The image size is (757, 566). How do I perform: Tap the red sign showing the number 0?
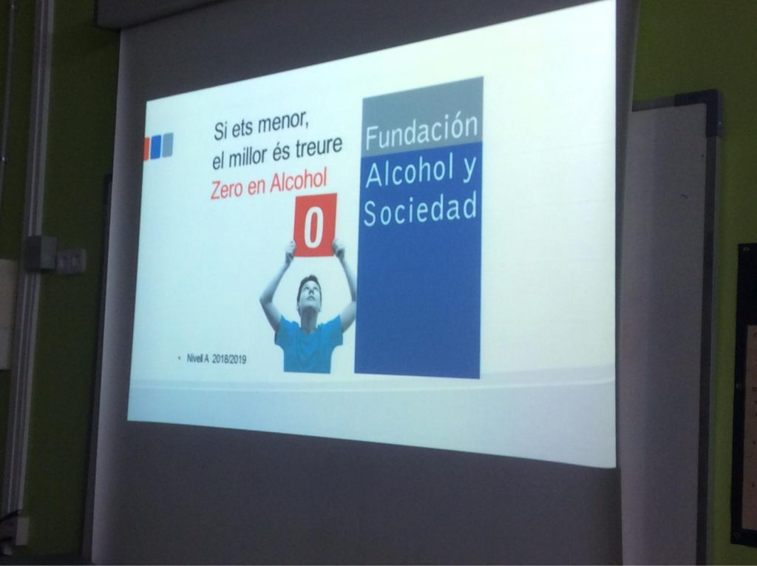[x=315, y=225]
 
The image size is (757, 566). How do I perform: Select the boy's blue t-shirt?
[x=309, y=344]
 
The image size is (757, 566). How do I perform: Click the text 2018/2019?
[x=229, y=359]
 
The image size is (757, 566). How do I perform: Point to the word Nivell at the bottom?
[x=195, y=359]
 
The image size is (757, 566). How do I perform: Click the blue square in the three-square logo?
[x=155, y=147]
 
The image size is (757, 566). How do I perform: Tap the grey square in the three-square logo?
[x=167, y=145]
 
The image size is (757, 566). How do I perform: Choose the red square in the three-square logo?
[x=147, y=149]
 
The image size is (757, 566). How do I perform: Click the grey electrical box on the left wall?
[x=40, y=253]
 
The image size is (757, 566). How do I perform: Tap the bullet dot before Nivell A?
[x=180, y=358]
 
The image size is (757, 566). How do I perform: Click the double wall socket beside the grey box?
[x=71, y=261]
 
